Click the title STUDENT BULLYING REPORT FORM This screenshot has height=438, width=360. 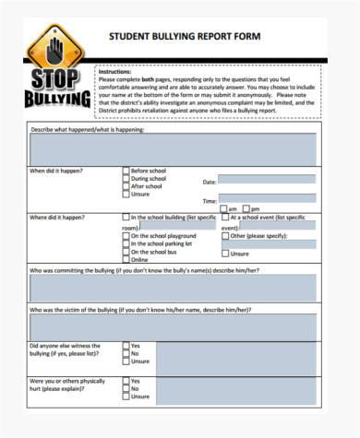point(185,37)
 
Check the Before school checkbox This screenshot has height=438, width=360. point(126,171)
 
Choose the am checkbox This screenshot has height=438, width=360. point(222,209)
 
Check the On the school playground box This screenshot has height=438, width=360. point(126,235)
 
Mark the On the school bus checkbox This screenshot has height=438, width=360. point(126,252)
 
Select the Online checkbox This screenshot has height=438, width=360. point(126,260)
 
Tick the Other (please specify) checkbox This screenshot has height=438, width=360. point(225,235)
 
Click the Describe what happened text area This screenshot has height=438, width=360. point(173,148)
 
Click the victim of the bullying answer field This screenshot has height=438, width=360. point(173,327)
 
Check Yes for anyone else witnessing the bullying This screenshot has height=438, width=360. point(126,346)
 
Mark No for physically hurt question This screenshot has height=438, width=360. point(126,388)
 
